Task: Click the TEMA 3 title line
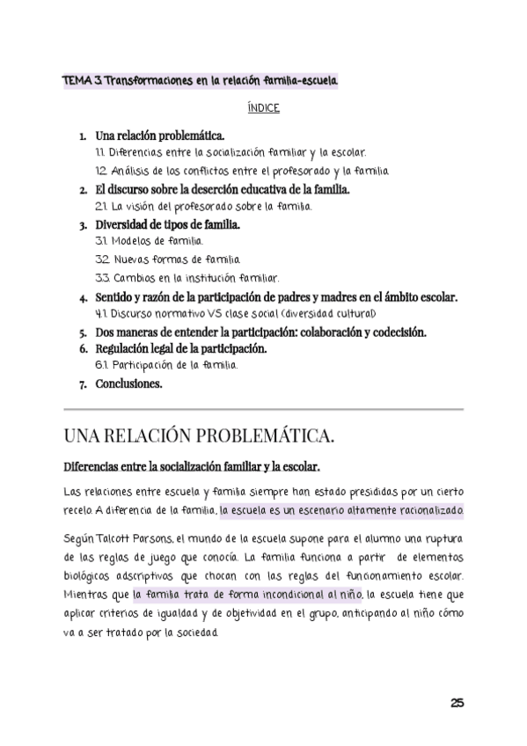click(x=200, y=81)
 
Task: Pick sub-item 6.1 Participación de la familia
click(x=165, y=365)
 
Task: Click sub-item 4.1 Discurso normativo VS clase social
click(x=235, y=313)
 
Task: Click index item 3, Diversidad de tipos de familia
click(x=168, y=224)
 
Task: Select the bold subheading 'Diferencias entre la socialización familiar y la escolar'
click(x=192, y=465)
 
